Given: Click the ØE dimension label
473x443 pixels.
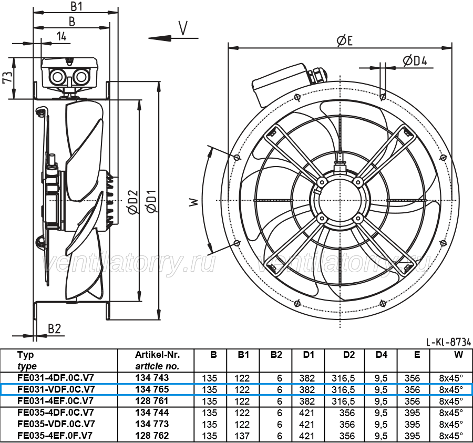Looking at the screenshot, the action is [x=344, y=40].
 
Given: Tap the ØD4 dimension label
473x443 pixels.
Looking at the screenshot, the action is [x=415, y=61].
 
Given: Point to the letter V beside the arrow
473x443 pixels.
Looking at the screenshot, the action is [x=183, y=28].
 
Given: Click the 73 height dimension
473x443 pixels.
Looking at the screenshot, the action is [x=8, y=77].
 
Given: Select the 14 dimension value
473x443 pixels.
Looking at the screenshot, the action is [x=61, y=36].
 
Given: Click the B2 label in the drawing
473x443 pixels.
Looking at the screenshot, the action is [x=55, y=328].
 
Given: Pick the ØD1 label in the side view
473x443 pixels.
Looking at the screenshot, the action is [x=151, y=201].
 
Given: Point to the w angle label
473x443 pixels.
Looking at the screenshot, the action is [x=194, y=202].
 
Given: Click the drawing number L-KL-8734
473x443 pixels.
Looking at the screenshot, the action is [x=448, y=342].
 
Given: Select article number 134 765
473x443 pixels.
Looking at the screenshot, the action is [x=152, y=389].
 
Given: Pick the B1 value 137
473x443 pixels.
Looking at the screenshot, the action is [x=242, y=436].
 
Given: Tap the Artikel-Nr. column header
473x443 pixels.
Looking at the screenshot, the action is [x=157, y=355].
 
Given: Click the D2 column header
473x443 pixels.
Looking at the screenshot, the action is [x=349, y=355].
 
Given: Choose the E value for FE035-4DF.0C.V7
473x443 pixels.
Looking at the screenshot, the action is [x=413, y=413].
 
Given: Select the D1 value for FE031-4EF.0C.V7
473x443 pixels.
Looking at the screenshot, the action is [x=307, y=401].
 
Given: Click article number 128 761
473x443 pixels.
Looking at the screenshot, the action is [x=152, y=401].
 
